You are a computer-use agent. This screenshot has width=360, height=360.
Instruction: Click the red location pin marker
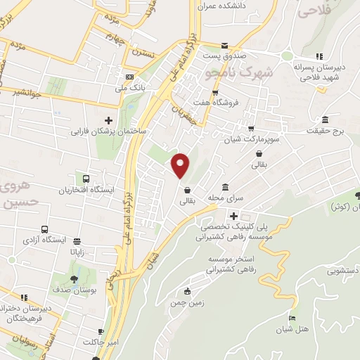181,166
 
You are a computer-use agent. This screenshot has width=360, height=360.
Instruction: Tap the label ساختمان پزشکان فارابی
108,131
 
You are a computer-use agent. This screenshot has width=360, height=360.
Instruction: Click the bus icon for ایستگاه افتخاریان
86,179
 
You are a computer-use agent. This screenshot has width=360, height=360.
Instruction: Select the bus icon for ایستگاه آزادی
44,230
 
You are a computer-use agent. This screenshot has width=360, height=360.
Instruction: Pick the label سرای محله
224,198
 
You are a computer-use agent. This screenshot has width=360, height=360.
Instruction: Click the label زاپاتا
77,250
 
